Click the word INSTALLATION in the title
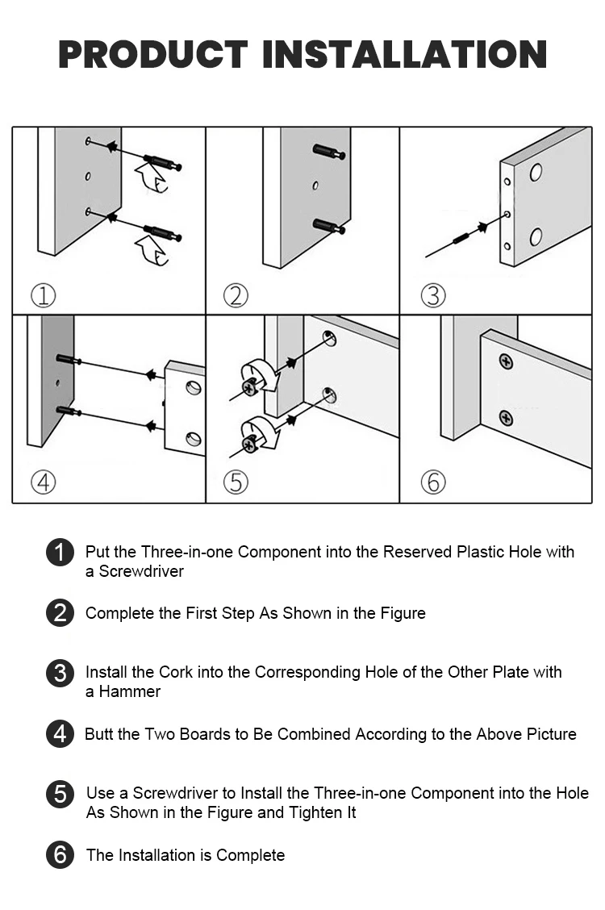[405, 54]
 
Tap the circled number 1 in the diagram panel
[43, 296]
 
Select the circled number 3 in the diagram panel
[433, 296]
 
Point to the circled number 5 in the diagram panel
[236, 482]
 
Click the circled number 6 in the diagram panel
[433, 482]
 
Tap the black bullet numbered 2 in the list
[60, 613]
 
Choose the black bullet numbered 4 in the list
[60, 734]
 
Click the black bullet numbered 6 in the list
[60, 855]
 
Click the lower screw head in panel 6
[506, 418]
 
